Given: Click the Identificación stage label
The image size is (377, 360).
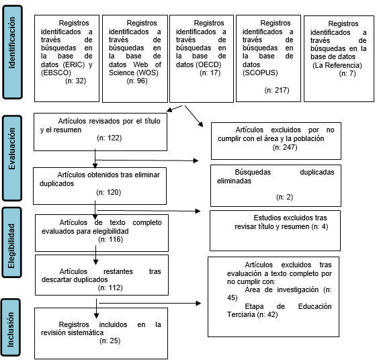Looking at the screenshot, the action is (12, 43).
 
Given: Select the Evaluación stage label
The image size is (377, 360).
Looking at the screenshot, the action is (12, 148).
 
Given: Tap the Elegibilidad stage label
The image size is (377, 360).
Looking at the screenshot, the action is (11, 246).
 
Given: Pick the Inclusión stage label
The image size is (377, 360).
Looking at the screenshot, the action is (11, 330).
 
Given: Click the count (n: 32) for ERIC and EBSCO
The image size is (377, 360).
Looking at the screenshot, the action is (75, 81).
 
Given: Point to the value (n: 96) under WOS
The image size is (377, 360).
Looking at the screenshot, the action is (137, 81).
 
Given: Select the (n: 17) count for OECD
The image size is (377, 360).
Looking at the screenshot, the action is (210, 73).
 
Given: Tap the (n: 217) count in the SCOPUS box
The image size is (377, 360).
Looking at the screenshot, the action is (277, 90).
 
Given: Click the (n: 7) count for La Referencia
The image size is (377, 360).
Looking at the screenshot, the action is (347, 73).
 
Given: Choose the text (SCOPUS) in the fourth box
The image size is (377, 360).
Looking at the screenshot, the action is (260, 73).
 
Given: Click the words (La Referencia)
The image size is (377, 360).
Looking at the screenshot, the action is (337, 65).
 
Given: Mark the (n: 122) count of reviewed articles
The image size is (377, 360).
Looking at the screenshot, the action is (110, 138).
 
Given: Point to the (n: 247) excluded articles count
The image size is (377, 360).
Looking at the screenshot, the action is (285, 147).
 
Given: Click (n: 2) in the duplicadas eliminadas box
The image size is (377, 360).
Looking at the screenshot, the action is (284, 197).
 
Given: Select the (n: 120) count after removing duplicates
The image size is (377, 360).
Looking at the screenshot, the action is (109, 192).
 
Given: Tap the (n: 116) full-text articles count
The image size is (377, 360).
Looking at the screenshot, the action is (111, 239).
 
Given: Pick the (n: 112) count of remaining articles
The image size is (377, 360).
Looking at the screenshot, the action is (110, 287).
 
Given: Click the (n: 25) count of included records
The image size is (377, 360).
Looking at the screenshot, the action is (110, 341).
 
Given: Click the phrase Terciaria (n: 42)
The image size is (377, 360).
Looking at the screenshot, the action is (253, 314).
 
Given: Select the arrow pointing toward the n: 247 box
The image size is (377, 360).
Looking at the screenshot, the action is (194, 116).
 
